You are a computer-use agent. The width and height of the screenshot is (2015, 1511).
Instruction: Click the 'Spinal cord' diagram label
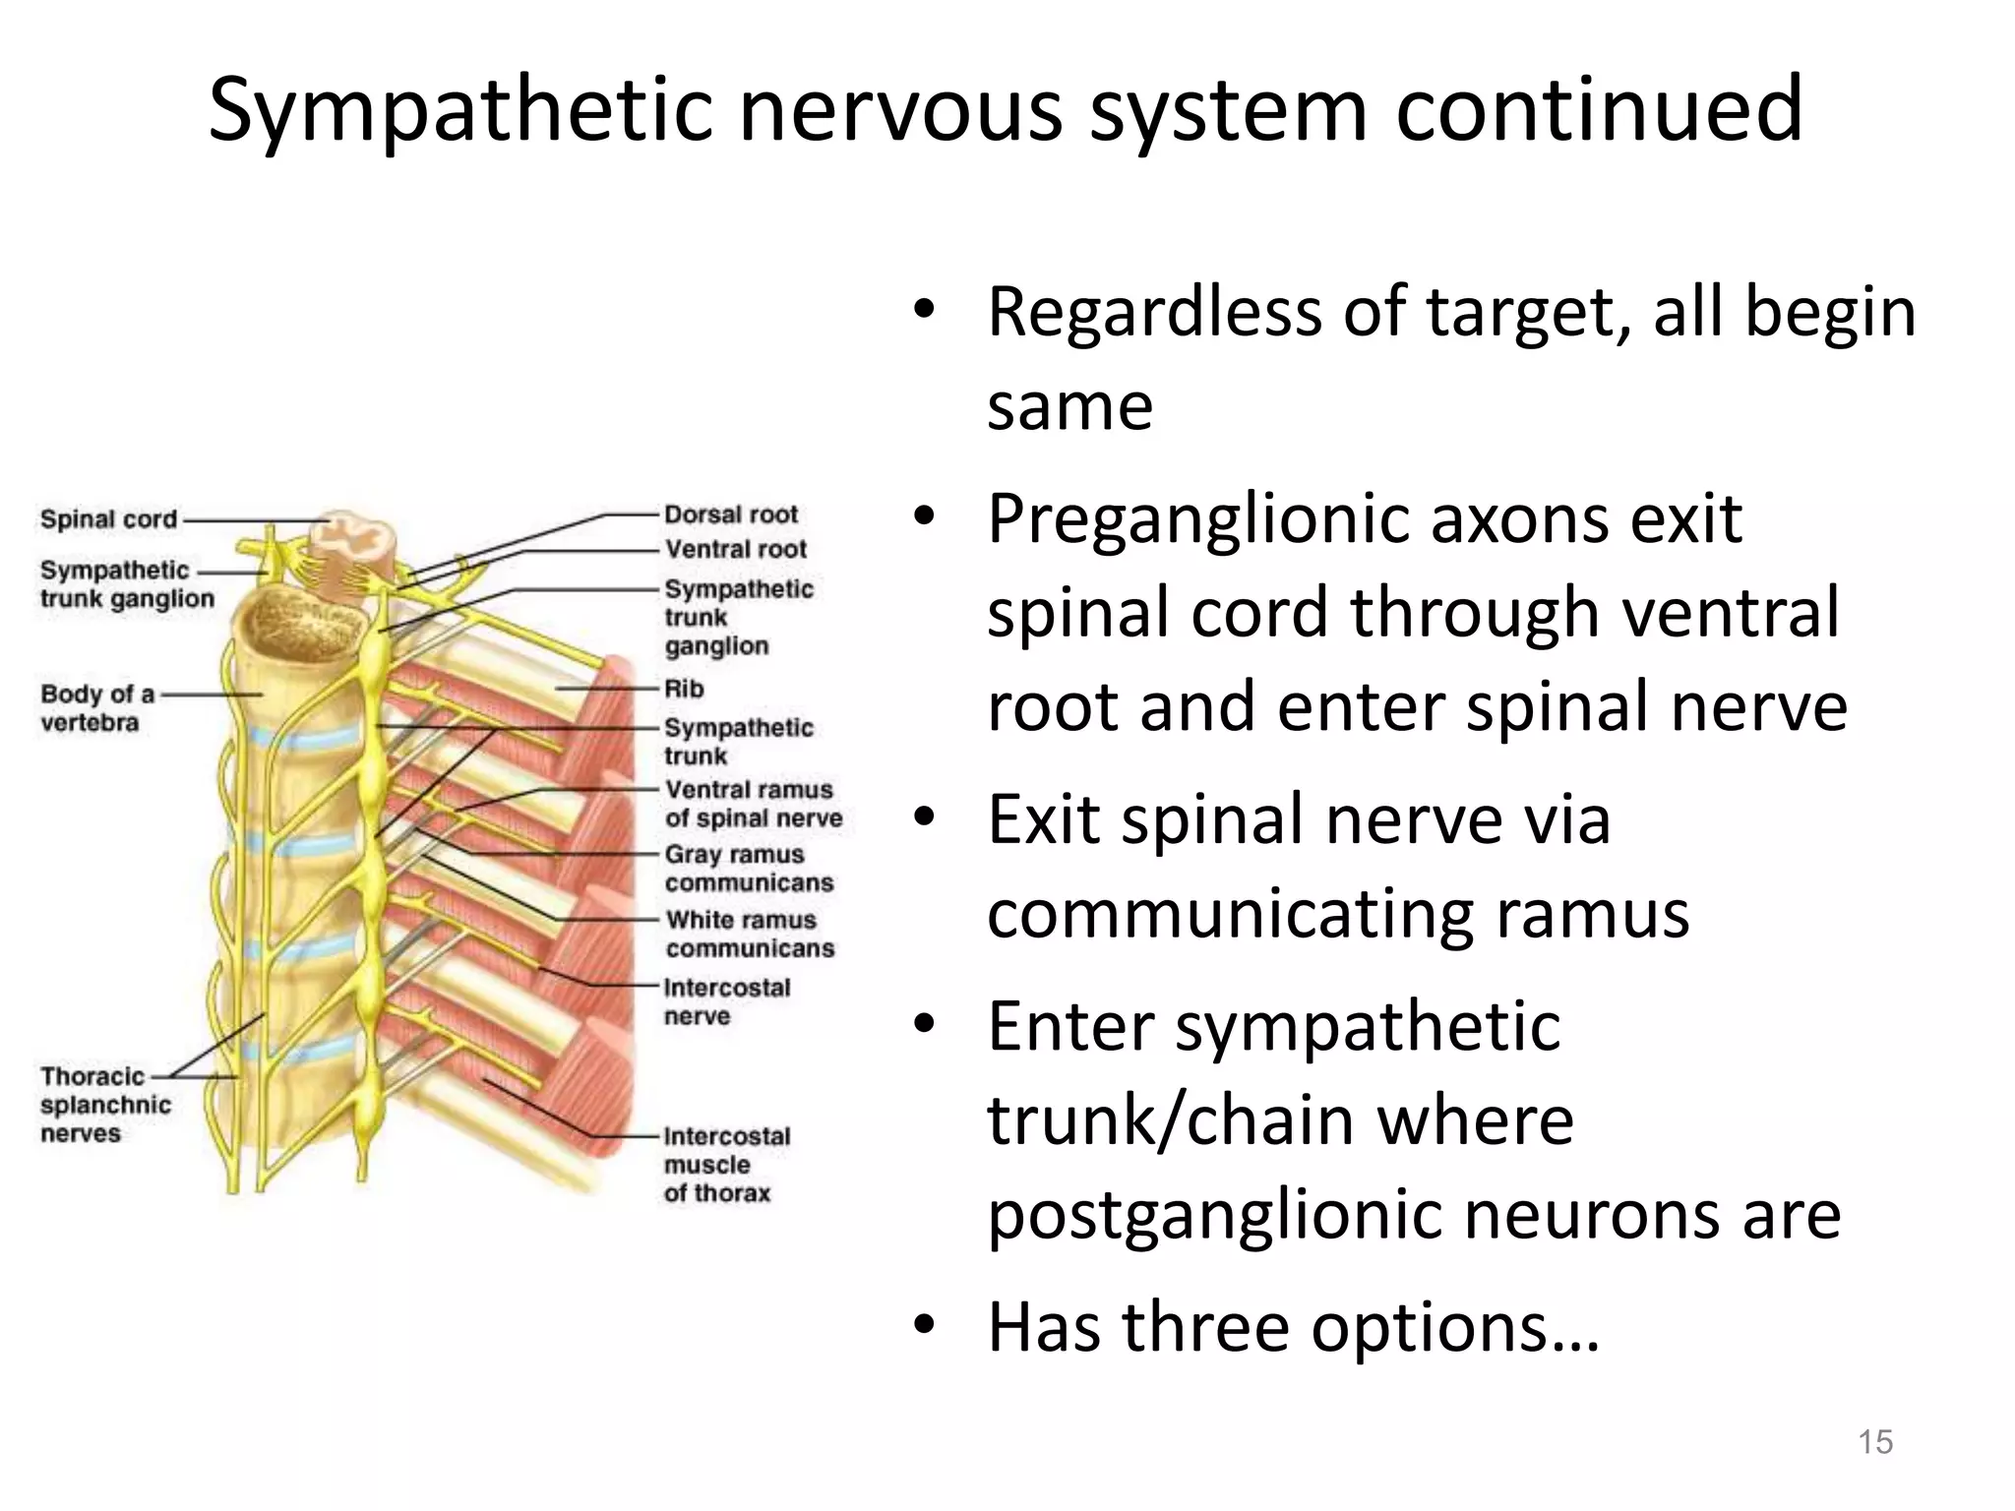(x=108, y=519)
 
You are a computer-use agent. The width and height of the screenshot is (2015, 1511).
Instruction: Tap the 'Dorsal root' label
(x=731, y=514)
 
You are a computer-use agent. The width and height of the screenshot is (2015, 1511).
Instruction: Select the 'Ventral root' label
(x=736, y=549)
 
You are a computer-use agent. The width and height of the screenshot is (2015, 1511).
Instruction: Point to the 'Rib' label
(x=684, y=689)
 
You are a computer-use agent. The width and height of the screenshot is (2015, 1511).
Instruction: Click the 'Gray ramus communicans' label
(x=749, y=869)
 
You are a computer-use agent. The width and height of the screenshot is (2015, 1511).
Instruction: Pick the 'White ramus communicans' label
(x=750, y=934)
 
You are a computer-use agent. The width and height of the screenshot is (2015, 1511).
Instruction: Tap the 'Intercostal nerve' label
(x=727, y=1001)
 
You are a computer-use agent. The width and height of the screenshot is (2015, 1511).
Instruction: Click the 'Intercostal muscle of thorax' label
(x=726, y=1165)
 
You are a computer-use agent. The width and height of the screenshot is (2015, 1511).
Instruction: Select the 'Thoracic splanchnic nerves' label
(x=105, y=1105)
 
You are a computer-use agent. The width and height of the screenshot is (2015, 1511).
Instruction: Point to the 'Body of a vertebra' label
(x=97, y=708)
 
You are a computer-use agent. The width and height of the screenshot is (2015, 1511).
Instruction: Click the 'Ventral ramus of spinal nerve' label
(x=754, y=804)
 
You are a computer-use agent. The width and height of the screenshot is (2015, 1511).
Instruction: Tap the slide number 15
(x=1875, y=1442)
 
